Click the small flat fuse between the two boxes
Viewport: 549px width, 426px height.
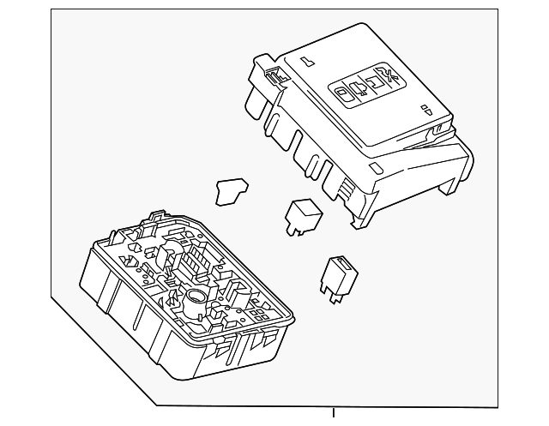pos(228,191)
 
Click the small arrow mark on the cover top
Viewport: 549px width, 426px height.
pos(425,109)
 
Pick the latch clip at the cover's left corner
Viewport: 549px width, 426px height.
pos(274,74)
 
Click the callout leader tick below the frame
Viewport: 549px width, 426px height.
pos(335,414)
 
